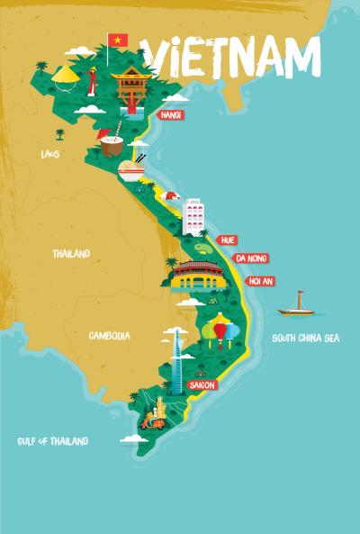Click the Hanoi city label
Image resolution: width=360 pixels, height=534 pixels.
pos(171,115)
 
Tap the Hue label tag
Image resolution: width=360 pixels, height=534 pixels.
pos(228,240)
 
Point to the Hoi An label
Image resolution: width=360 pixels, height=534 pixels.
pos(260,281)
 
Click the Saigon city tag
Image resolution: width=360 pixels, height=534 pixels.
pos(202,385)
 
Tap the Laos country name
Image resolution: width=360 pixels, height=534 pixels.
pos(49,154)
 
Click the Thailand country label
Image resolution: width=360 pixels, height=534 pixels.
pos(71,254)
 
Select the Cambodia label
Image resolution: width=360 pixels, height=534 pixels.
pos(109,335)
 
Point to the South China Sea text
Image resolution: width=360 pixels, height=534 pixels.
pos(306,339)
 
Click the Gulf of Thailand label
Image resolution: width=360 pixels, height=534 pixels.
pos(53,441)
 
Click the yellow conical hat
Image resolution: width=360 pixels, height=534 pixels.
pos(65,77)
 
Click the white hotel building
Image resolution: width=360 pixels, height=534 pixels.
pos(194,216)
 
